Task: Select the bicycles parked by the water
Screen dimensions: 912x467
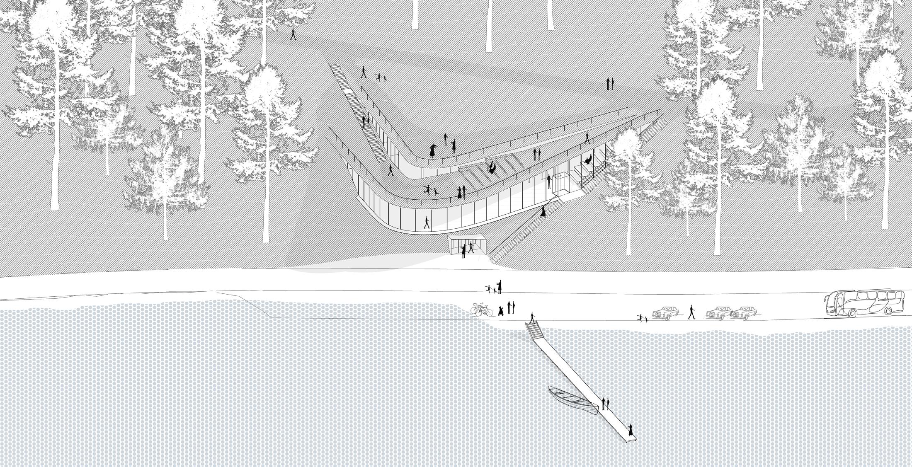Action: click(x=481, y=310)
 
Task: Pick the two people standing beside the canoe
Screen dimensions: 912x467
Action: click(x=606, y=403)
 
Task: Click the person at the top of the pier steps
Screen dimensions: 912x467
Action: click(x=532, y=318)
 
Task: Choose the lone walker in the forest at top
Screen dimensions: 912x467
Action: click(x=293, y=34)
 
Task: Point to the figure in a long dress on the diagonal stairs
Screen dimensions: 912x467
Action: click(x=543, y=211)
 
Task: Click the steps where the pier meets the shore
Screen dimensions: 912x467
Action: click(x=534, y=330)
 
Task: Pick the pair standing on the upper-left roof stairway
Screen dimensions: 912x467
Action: click(x=366, y=121)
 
